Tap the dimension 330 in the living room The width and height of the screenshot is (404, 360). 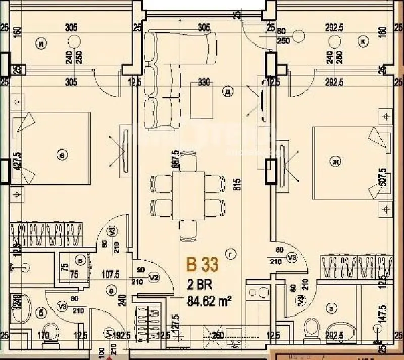pos(204,82)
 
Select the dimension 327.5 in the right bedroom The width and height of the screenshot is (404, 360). pos(383,177)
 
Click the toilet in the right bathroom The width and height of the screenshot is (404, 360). pos(313,327)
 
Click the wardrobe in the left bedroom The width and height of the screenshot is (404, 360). pos(46,235)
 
